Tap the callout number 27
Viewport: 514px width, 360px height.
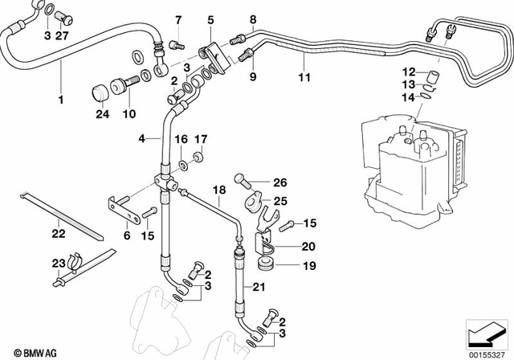pyautogui.click(x=63, y=36)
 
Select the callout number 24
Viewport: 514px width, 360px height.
pyautogui.click(x=100, y=113)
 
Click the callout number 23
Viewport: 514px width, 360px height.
pyautogui.click(x=57, y=263)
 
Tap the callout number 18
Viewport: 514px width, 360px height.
pyautogui.click(x=217, y=190)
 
